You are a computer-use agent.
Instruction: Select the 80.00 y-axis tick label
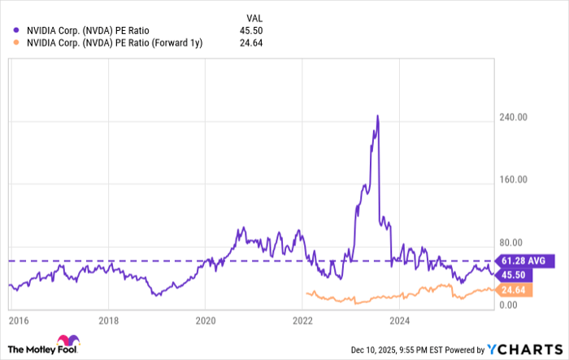click(509, 243)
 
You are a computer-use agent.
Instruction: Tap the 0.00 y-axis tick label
click(506, 306)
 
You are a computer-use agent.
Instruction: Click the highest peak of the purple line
click(377, 115)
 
